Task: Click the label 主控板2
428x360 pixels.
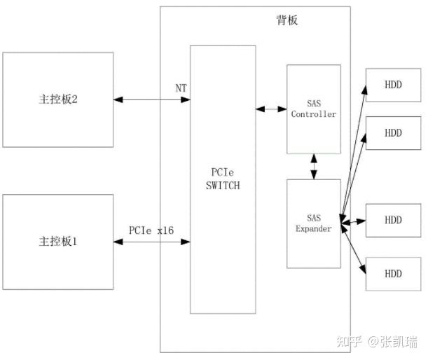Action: point(57,99)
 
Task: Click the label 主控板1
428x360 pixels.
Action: point(57,242)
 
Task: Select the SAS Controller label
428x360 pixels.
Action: point(313,109)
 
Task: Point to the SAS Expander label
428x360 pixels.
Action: point(313,223)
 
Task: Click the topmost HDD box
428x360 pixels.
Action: point(393,85)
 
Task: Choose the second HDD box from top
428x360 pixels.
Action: point(393,132)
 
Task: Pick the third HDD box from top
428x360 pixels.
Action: point(393,220)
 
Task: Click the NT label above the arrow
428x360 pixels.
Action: point(181,88)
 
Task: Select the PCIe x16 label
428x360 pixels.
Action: point(151,230)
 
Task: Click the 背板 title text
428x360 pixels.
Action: point(287,20)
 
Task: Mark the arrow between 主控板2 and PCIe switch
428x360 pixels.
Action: point(152,99)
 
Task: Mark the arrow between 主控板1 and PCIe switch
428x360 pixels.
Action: point(152,242)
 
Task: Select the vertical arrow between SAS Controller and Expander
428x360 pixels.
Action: point(313,167)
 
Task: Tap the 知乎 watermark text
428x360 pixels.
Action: point(350,342)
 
